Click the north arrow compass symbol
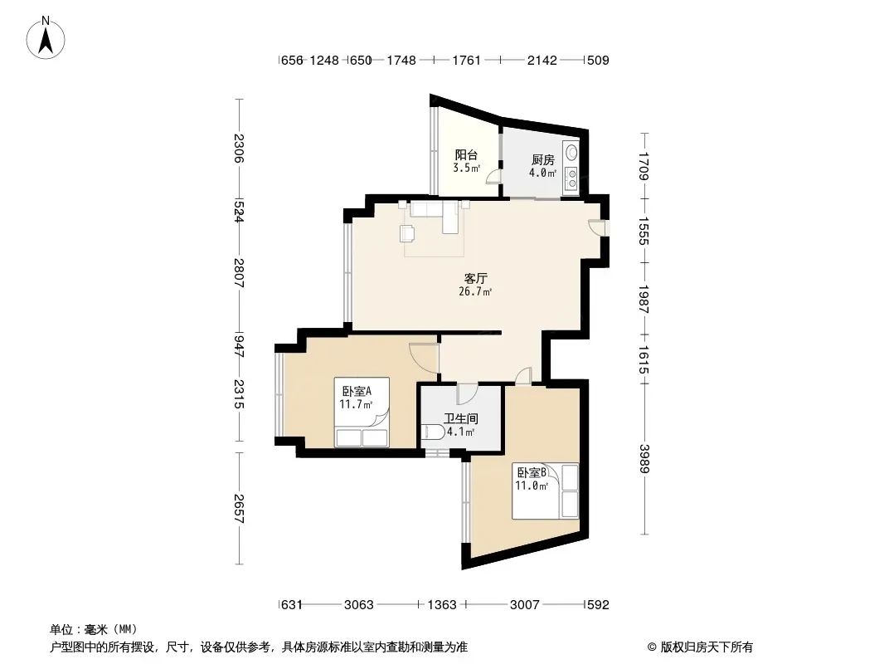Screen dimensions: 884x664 tap(46, 38)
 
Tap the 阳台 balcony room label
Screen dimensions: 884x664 tap(466, 154)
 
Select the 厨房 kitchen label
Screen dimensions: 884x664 tap(543, 159)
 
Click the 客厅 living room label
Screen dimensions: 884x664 tap(475, 278)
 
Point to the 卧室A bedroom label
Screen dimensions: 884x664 tap(357, 391)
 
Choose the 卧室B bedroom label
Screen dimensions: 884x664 tap(532, 472)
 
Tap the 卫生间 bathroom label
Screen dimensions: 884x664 tap(460, 418)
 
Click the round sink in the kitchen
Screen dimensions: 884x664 tap(572, 152)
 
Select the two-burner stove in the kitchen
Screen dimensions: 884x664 tap(572, 178)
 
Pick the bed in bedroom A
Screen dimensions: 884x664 tap(362, 413)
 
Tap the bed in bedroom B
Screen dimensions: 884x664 tap(545, 491)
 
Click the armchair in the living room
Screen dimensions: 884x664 tap(407, 233)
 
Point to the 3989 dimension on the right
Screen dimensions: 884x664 tap(644, 459)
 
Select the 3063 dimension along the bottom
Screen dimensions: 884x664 tap(358, 605)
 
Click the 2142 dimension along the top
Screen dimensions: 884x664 tap(542, 60)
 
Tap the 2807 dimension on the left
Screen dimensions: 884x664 tap(239, 272)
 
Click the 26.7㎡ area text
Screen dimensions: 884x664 tap(475, 291)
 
